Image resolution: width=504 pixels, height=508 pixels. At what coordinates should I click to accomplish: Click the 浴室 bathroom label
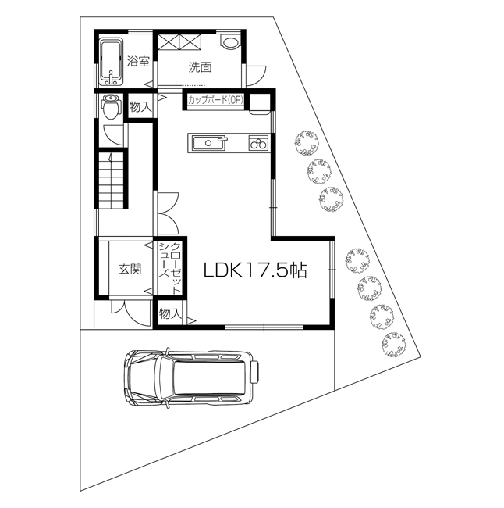[138, 61]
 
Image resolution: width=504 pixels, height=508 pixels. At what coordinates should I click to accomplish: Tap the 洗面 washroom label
[201, 67]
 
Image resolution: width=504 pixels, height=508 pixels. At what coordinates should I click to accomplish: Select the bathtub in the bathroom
[111, 62]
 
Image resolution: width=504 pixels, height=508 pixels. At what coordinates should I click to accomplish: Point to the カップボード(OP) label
[215, 100]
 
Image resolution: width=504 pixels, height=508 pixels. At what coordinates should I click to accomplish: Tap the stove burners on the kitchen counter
[258, 143]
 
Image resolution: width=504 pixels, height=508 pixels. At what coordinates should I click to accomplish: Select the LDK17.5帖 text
[255, 270]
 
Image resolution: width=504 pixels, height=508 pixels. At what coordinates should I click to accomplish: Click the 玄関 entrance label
[130, 269]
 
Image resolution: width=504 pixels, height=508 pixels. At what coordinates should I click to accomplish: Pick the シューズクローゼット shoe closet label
[169, 268]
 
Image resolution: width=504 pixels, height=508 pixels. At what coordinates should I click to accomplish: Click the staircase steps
[112, 180]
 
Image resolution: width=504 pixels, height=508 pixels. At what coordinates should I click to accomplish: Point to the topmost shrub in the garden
[307, 143]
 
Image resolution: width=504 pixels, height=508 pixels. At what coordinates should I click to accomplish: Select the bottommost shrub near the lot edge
[393, 344]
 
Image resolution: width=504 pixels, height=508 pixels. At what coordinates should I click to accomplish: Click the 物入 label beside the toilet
[140, 107]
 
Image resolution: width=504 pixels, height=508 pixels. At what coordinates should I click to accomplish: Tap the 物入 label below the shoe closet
[169, 313]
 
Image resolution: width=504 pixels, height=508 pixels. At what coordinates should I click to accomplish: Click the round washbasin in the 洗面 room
[230, 42]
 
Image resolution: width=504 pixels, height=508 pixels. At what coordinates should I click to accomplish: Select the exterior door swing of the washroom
[256, 75]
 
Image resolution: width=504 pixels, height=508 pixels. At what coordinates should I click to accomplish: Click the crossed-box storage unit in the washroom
[179, 42]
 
